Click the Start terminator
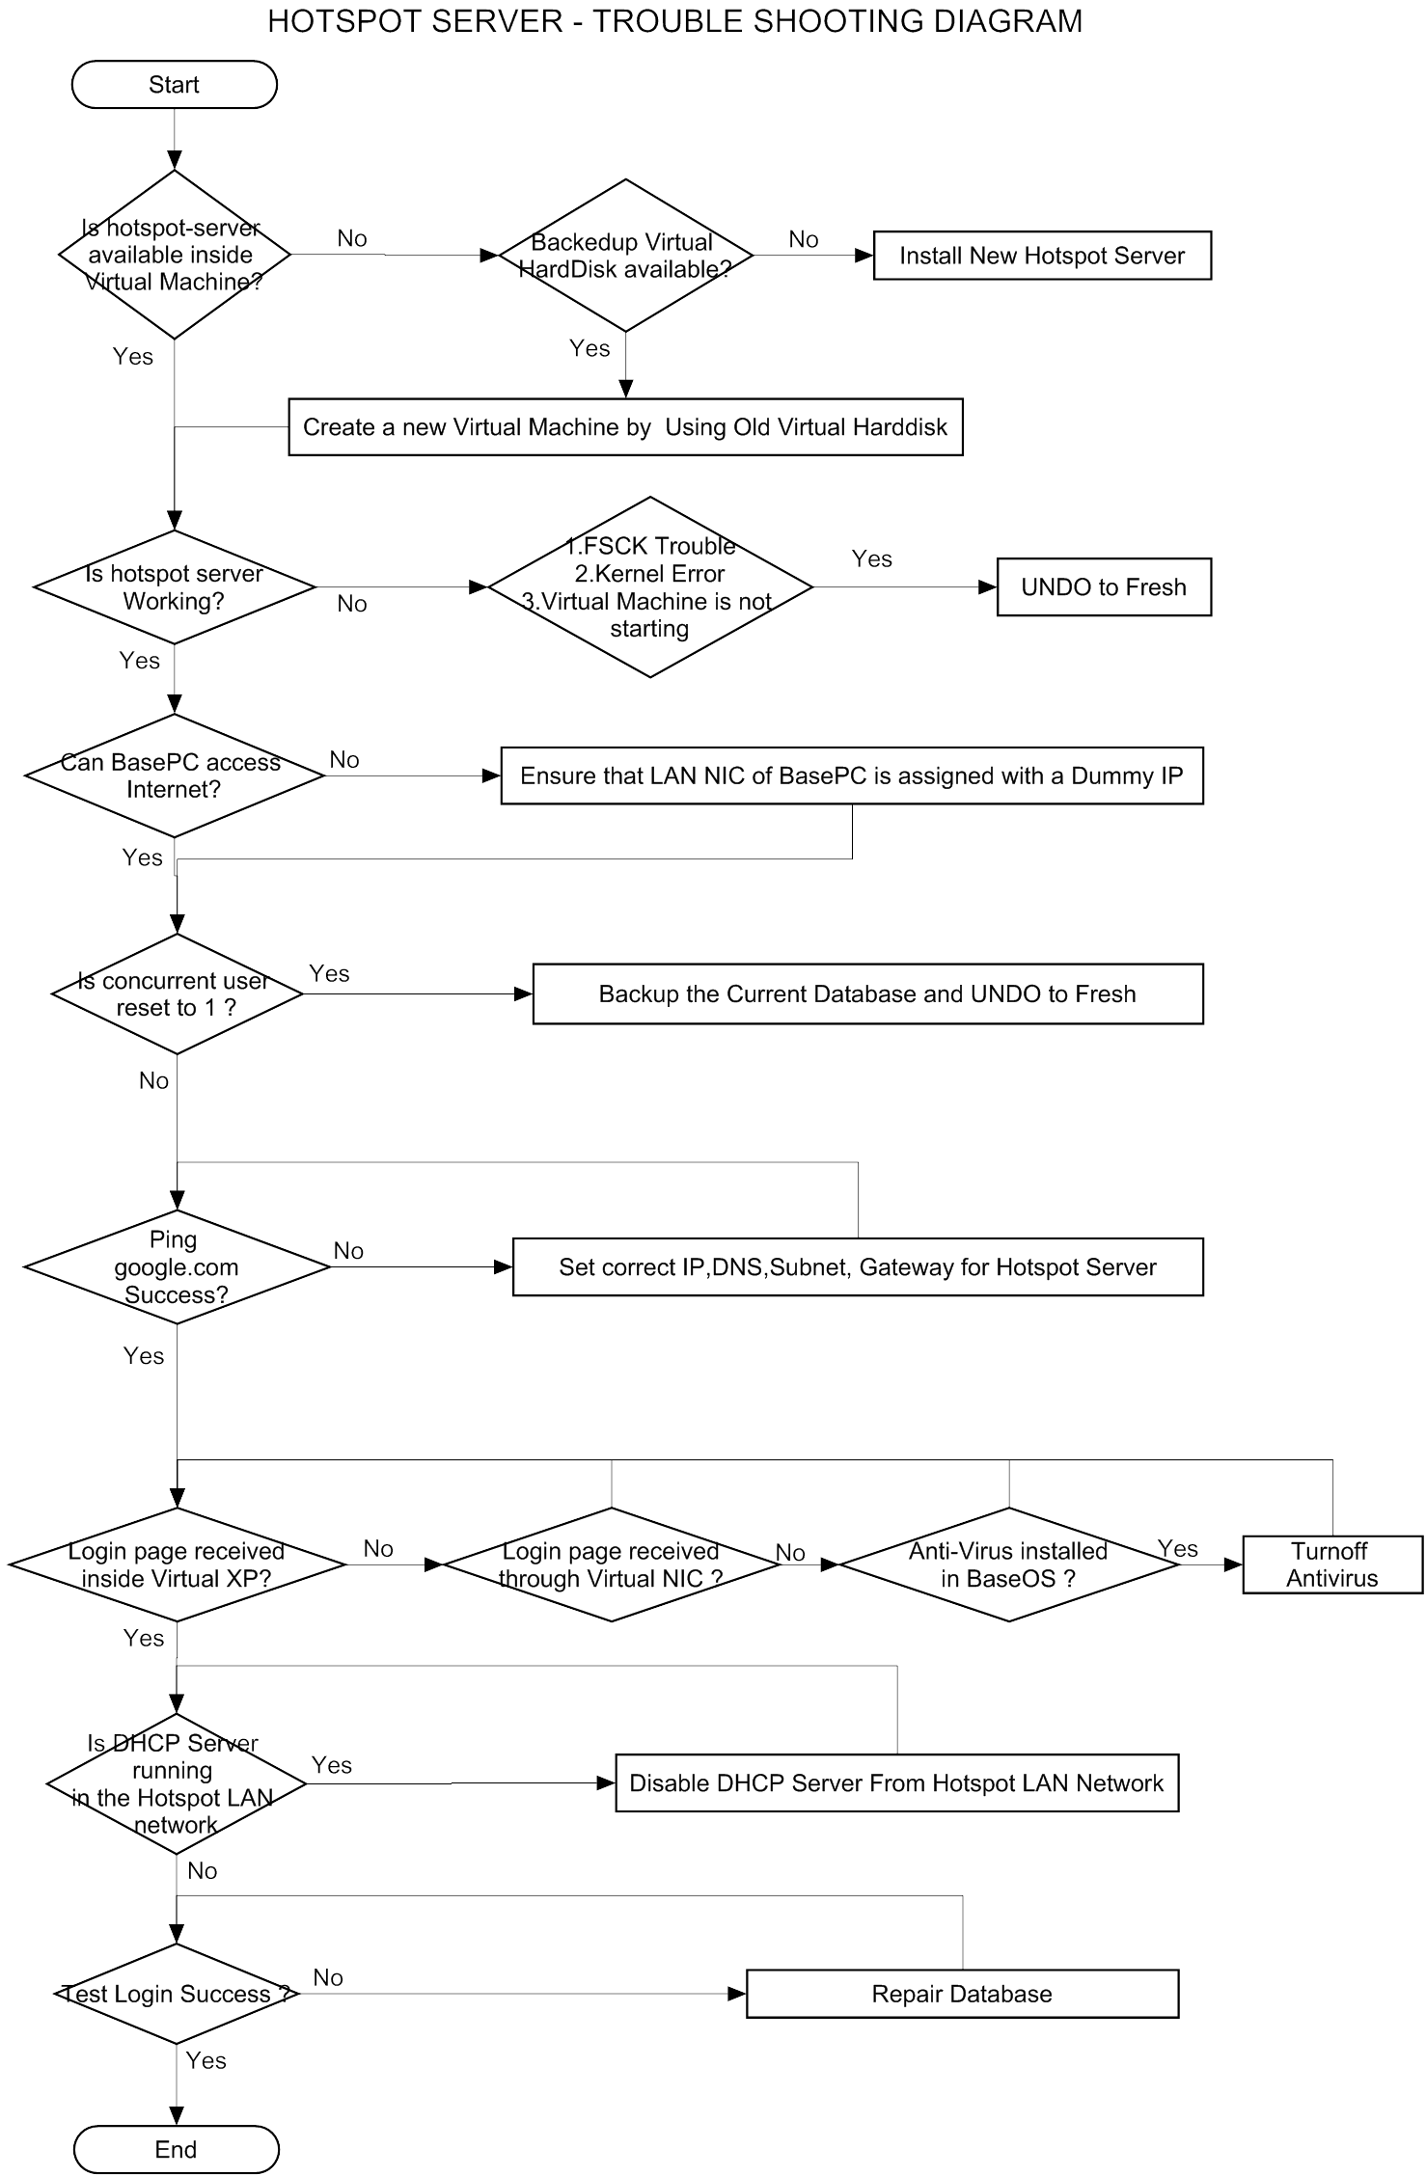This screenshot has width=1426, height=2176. (x=175, y=85)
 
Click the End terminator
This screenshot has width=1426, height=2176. (x=176, y=2149)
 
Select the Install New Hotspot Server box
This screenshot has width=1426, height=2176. (x=1042, y=256)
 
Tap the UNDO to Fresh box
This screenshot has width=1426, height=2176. (x=1104, y=587)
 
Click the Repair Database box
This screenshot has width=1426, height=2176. (x=962, y=1994)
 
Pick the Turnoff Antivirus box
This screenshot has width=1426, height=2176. (x=1332, y=1564)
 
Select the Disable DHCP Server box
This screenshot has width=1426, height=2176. (x=896, y=1782)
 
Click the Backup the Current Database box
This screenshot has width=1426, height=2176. (x=867, y=993)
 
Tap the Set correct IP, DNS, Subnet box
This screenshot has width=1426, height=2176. (x=858, y=1266)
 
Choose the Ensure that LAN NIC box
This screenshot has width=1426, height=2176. (x=852, y=775)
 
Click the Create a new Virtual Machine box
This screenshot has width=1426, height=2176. (x=625, y=427)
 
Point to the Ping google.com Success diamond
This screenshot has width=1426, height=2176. (x=176, y=1266)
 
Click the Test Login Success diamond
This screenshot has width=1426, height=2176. (x=176, y=1994)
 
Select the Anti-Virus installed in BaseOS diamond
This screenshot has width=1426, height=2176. (x=1008, y=1564)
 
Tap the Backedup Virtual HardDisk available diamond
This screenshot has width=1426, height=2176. (x=625, y=256)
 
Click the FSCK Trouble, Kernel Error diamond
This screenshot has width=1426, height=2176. (x=650, y=587)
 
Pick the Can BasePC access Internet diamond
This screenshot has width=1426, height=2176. (x=174, y=775)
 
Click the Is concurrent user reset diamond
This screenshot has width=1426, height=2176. (x=177, y=993)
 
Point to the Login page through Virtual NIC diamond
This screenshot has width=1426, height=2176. (x=611, y=1564)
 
